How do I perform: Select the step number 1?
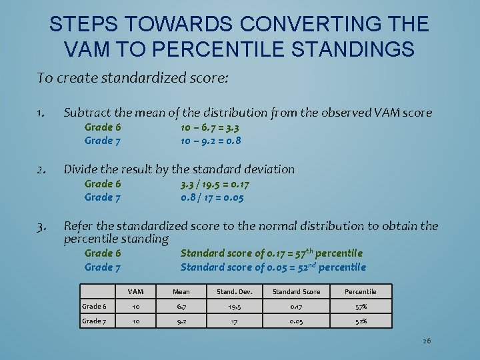[x=41, y=113]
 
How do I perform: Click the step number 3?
[x=41, y=226]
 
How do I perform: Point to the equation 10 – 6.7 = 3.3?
[x=211, y=127]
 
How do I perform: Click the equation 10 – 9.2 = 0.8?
[x=211, y=141]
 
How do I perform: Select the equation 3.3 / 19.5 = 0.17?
[x=215, y=184]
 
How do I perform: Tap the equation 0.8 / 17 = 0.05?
[x=212, y=197]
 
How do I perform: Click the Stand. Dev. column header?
[x=233, y=291]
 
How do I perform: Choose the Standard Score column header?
[x=297, y=291]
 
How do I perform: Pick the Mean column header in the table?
[x=181, y=291]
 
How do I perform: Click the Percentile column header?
[x=361, y=291]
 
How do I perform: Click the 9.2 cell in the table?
[x=181, y=321]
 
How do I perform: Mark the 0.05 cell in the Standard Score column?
[x=297, y=321]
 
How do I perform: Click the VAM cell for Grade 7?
[x=136, y=321]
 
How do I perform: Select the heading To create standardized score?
[x=133, y=78]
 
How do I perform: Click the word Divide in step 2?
[x=80, y=169]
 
